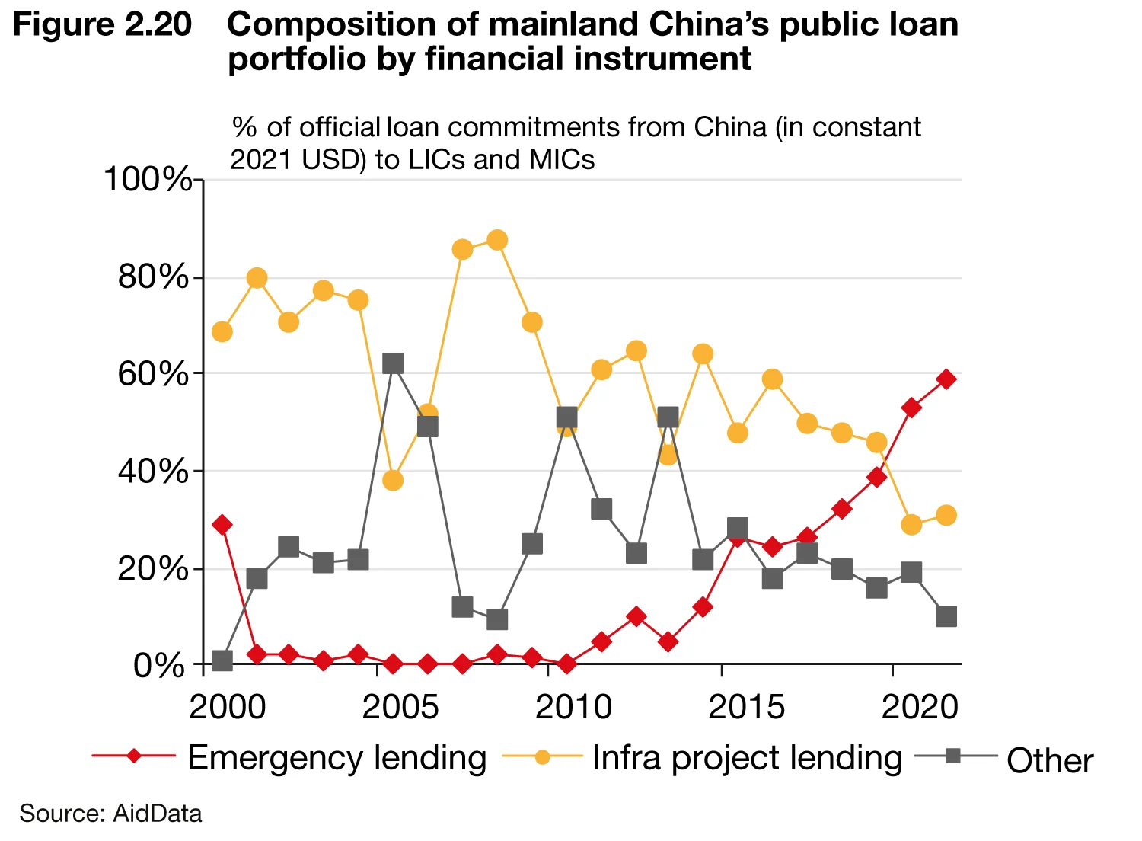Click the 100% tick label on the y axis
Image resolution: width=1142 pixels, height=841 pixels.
pyautogui.click(x=148, y=180)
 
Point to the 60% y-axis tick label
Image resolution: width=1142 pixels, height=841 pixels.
pyautogui.click(x=153, y=374)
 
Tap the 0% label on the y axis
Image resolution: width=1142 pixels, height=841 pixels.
pyautogui.click(x=159, y=666)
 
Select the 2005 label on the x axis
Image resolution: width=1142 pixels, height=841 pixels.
pyautogui.click(x=400, y=707)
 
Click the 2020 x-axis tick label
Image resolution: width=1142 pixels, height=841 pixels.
pyautogui.click(x=920, y=707)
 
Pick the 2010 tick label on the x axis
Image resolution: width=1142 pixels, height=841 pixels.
pyautogui.click(x=573, y=707)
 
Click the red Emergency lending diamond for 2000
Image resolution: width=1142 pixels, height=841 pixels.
pyautogui.click(x=222, y=525)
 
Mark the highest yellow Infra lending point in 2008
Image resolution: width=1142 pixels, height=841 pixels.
pyautogui.click(x=497, y=241)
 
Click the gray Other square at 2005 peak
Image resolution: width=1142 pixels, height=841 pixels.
pyautogui.click(x=393, y=363)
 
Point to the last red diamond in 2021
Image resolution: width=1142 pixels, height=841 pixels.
pyautogui.click(x=946, y=379)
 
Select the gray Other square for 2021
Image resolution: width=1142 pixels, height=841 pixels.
pyautogui.click(x=946, y=616)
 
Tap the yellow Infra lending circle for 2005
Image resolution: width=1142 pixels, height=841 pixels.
pyautogui.click(x=393, y=481)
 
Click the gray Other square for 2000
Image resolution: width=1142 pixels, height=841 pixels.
pyautogui.click(x=222, y=660)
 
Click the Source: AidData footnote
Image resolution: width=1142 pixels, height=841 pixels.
pyautogui.click(x=110, y=814)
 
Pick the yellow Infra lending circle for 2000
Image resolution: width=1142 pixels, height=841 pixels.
pyautogui.click(x=222, y=332)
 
